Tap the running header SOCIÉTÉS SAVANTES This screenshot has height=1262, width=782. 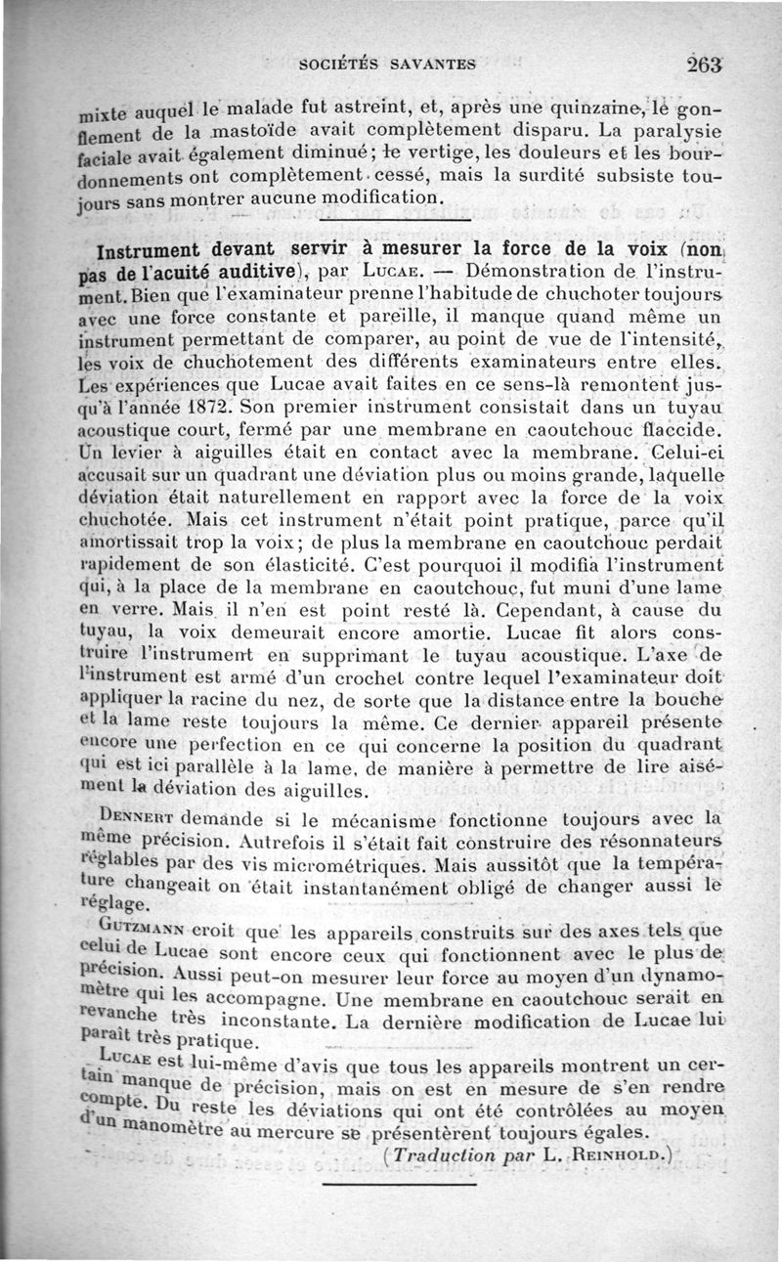coord(388,65)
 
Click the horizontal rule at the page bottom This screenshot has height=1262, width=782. coord(399,1184)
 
